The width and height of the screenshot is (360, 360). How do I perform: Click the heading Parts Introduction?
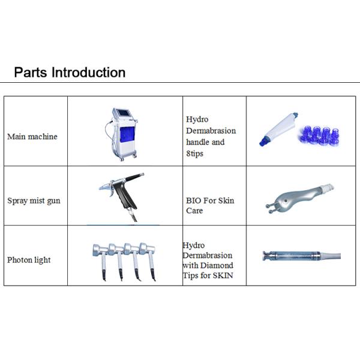(70, 73)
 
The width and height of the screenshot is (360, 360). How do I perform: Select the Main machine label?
(32, 137)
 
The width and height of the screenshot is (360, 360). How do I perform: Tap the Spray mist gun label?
(34, 200)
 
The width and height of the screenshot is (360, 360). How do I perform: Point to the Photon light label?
(29, 260)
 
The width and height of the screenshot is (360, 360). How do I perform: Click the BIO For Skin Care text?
(210, 205)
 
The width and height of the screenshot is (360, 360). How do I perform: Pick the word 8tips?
(194, 154)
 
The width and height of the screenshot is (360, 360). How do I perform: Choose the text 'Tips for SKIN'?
(208, 275)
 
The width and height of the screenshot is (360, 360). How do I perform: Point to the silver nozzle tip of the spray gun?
(105, 187)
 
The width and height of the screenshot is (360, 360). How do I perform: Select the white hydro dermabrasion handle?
(278, 129)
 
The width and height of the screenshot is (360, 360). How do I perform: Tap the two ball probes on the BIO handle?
(270, 208)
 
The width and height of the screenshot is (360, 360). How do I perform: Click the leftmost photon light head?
(100, 250)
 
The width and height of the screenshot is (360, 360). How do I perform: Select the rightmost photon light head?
(147, 248)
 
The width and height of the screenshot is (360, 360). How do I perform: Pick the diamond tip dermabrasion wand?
(301, 256)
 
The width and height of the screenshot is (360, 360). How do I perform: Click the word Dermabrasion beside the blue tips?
(211, 131)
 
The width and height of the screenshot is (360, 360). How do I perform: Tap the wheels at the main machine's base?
(128, 158)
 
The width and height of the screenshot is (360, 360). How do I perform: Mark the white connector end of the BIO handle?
(327, 187)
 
